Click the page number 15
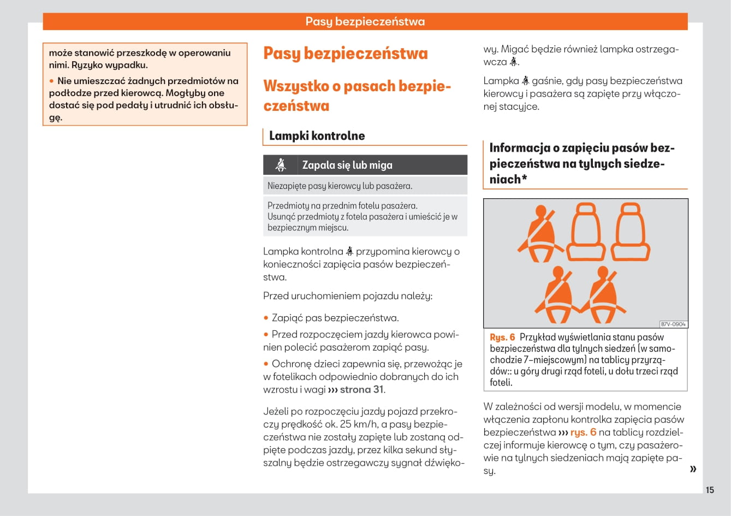(x=710, y=490)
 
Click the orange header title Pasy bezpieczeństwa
(x=365, y=22)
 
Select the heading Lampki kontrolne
(x=317, y=136)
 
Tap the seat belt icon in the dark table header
(x=281, y=165)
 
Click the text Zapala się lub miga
(x=347, y=165)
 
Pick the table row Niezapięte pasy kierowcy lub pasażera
(x=340, y=186)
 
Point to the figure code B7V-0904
(x=673, y=324)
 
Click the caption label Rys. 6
(x=502, y=337)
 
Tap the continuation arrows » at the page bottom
(x=693, y=469)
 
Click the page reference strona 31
(x=361, y=389)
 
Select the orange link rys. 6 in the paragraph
(x=583, y=432)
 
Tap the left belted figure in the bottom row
(x=556, y=295)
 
